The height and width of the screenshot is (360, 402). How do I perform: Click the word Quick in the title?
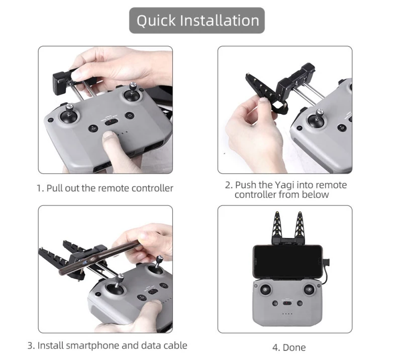point(156,21)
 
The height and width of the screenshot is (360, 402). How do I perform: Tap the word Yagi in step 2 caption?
point(283,185)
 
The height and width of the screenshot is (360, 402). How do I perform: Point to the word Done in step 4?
point(294,348)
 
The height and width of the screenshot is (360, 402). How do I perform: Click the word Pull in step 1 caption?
point(55,188)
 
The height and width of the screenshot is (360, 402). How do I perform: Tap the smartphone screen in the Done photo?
point(287,261)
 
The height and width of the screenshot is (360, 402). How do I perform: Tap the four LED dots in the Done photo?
point(287,314)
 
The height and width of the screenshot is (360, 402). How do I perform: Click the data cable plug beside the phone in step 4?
point(325,263)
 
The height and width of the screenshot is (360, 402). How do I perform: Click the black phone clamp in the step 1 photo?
point(61,81)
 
